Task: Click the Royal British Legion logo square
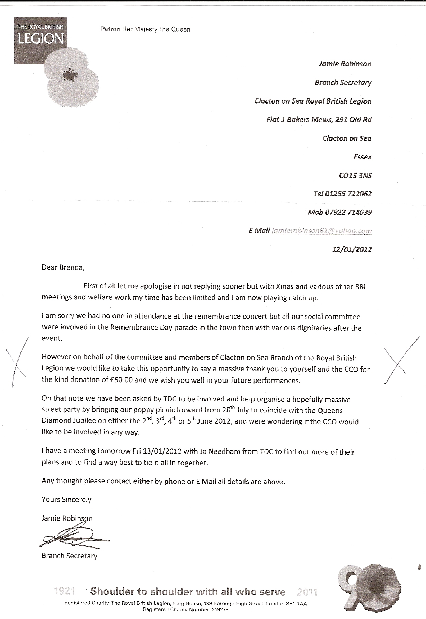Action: pos(40,40)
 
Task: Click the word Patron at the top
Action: pos(111,29)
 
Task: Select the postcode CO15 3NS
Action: pos(355,176)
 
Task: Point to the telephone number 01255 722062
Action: pos(348,194)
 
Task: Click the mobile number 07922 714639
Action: pos(348,212)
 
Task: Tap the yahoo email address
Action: pos(321,231)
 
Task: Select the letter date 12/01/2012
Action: pos(352,249)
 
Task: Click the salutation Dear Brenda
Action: pos(63,267)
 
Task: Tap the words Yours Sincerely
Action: pos(66,499)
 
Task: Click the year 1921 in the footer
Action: pos(64,591)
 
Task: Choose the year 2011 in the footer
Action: pos(307,592)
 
